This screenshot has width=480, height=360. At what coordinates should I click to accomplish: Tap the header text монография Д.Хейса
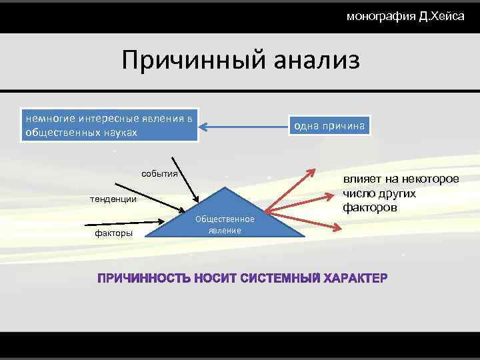coord(405,16)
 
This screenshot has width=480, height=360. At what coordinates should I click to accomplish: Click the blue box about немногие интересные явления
coord(110,125)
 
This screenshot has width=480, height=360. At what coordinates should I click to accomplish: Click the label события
coord(159,174)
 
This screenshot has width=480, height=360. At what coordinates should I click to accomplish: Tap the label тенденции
coord(113,199)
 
